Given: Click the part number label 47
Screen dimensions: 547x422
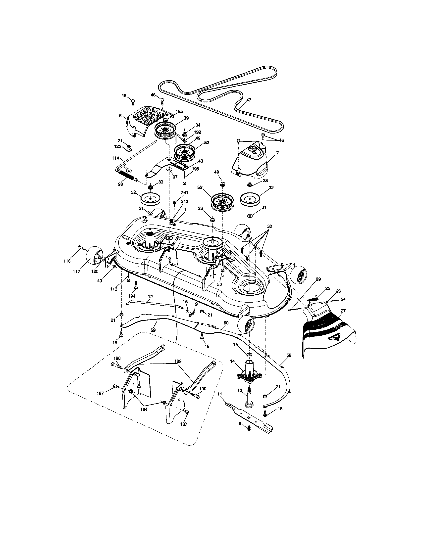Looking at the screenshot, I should click(249, 100).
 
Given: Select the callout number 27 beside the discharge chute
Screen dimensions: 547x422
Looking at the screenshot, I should click(343, 311).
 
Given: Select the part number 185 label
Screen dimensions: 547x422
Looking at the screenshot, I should click(179, 112).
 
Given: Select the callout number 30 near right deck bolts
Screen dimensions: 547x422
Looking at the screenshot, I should click(269, 226).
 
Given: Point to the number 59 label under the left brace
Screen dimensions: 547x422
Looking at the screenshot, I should click(153, 330).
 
